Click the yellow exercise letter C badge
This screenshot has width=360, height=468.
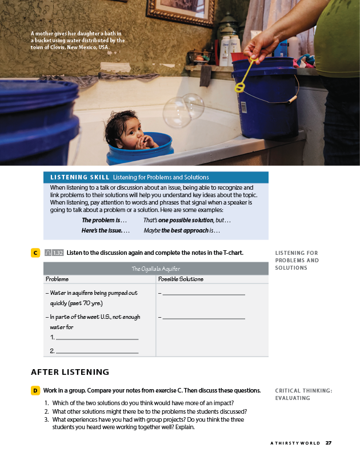pos(35,253)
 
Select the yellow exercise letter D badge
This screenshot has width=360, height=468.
pos(35,390)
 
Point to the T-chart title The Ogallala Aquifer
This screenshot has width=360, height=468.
pos(155,269)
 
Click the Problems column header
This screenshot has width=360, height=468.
pos(57,279)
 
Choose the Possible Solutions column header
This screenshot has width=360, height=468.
pos(181,279)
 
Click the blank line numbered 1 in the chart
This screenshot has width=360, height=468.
pos(97,339)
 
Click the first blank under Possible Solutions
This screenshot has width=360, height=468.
pos(204,294)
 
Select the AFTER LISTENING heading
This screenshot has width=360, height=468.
pos(70,372)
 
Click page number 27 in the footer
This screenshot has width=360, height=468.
pos(329,443)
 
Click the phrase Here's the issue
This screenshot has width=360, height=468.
pos(106,231)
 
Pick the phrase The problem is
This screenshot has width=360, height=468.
pos(105,220)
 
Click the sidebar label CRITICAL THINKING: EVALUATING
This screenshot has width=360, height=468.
pos(303,394)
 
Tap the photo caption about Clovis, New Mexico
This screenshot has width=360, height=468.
pos(77,41)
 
